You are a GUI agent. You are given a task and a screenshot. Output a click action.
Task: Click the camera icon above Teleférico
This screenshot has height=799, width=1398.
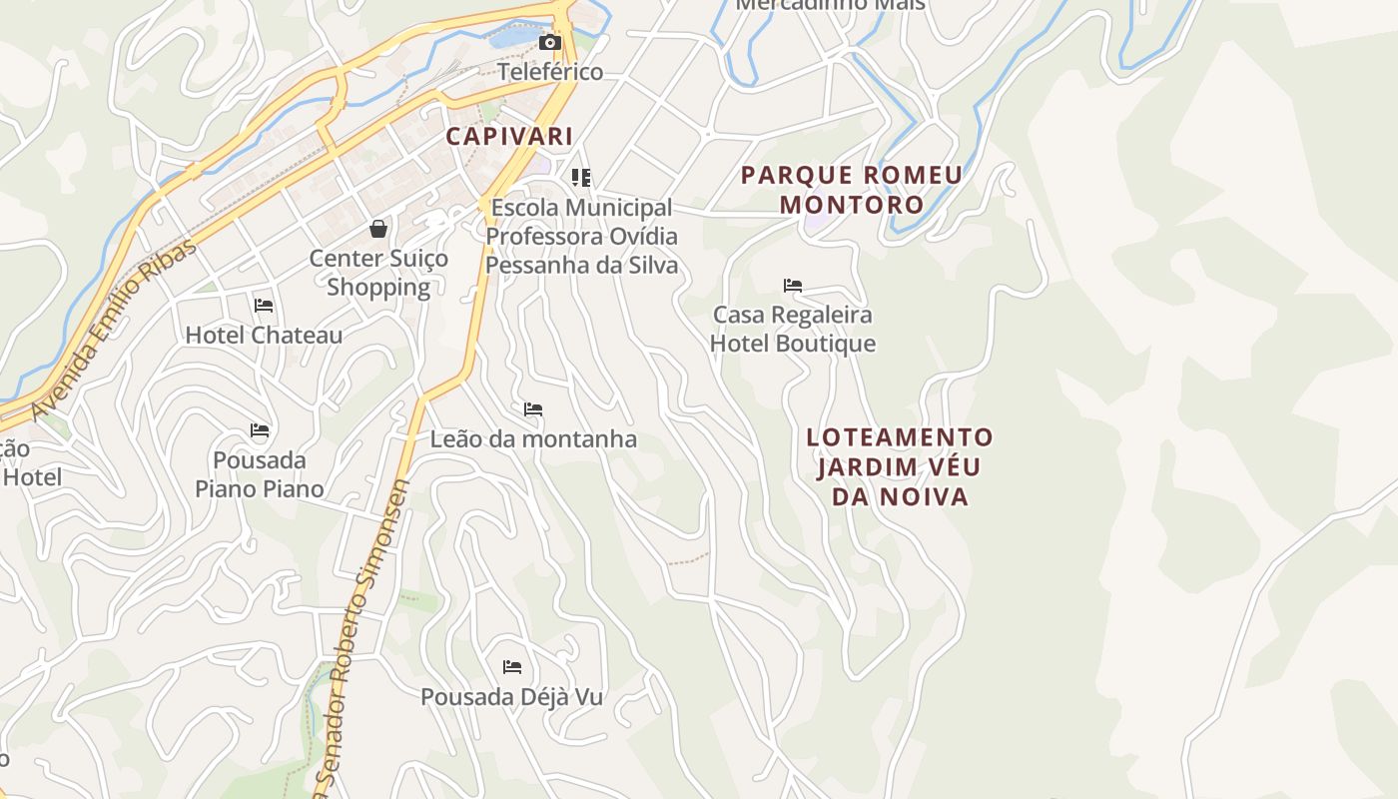549,43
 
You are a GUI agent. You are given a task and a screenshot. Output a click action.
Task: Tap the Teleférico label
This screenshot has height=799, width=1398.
550,72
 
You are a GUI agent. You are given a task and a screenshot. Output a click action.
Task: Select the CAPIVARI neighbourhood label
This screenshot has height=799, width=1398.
509,136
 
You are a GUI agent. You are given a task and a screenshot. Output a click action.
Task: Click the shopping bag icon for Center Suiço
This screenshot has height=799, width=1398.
378,229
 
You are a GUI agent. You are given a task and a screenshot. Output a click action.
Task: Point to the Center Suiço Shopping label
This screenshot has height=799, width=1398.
378,273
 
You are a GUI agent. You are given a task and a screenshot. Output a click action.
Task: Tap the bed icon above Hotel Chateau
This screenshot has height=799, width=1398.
264,306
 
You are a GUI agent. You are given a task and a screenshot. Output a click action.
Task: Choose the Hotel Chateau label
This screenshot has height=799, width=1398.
264,335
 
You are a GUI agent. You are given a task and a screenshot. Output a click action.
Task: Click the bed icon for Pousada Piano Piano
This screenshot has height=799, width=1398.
260,431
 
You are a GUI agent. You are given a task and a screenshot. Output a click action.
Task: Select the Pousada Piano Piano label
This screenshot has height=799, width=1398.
260,474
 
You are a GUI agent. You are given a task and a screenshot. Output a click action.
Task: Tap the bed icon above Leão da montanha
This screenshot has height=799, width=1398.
533,409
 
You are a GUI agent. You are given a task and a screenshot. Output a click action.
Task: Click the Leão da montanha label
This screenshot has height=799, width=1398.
533,438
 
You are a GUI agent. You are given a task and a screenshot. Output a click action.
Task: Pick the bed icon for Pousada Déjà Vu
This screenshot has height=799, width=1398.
512,667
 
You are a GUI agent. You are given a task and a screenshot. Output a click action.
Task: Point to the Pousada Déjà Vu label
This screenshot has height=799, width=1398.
512,696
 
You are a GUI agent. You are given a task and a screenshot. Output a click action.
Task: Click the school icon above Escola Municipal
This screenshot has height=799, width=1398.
581,178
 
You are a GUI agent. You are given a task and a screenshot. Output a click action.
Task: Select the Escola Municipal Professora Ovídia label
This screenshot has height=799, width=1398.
582,237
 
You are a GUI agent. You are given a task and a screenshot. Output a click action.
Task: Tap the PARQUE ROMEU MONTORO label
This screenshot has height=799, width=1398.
852,190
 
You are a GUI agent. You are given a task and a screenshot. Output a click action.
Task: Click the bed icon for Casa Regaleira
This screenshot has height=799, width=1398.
793,286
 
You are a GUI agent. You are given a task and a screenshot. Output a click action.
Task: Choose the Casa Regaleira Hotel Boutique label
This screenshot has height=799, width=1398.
793,329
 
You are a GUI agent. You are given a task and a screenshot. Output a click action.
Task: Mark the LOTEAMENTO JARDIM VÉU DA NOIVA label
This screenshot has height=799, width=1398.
900,466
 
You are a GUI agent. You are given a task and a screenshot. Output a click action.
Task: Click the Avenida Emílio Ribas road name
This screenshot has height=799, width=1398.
115,329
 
